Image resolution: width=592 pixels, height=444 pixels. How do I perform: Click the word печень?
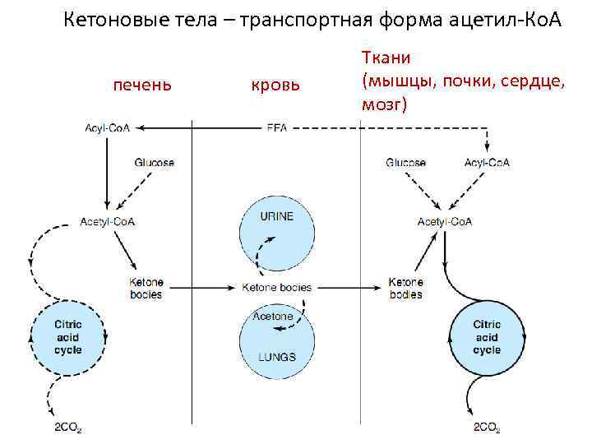coord(141,84)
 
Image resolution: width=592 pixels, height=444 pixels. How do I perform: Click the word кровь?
coord(275,85)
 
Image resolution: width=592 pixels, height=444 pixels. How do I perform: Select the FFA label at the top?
coord(276,128)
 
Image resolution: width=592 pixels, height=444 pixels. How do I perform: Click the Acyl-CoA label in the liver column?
coord(108,128)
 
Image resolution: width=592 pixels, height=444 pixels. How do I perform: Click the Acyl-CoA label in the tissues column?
coord(487,162)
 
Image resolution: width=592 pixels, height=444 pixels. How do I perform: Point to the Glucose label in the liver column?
coord(155,162)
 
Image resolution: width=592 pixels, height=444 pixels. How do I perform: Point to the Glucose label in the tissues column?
coord(406,162)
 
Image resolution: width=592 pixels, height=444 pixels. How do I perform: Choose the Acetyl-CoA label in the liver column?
coord(108,221)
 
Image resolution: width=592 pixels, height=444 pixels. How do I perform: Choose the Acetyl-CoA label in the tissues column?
coord(445,221)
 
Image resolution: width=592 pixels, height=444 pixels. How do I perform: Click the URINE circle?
coord(276,234)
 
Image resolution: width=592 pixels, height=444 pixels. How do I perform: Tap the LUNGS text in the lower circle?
coord(276,356)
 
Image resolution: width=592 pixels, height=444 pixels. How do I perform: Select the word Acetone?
coord(273,316)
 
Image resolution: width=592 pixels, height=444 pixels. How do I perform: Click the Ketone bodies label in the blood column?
coord(277,287)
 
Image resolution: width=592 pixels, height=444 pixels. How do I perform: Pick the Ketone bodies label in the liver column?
coord(146,288)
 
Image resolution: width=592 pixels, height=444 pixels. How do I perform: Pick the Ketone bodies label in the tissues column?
coord(405,288)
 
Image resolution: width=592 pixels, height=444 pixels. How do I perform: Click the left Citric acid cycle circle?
coord(67,337)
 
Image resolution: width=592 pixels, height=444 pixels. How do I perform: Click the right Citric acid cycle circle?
coord(487,337)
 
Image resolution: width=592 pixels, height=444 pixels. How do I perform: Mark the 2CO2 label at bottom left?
coord(67,428)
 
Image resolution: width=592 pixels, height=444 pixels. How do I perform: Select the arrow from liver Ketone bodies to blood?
coord(202,288)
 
